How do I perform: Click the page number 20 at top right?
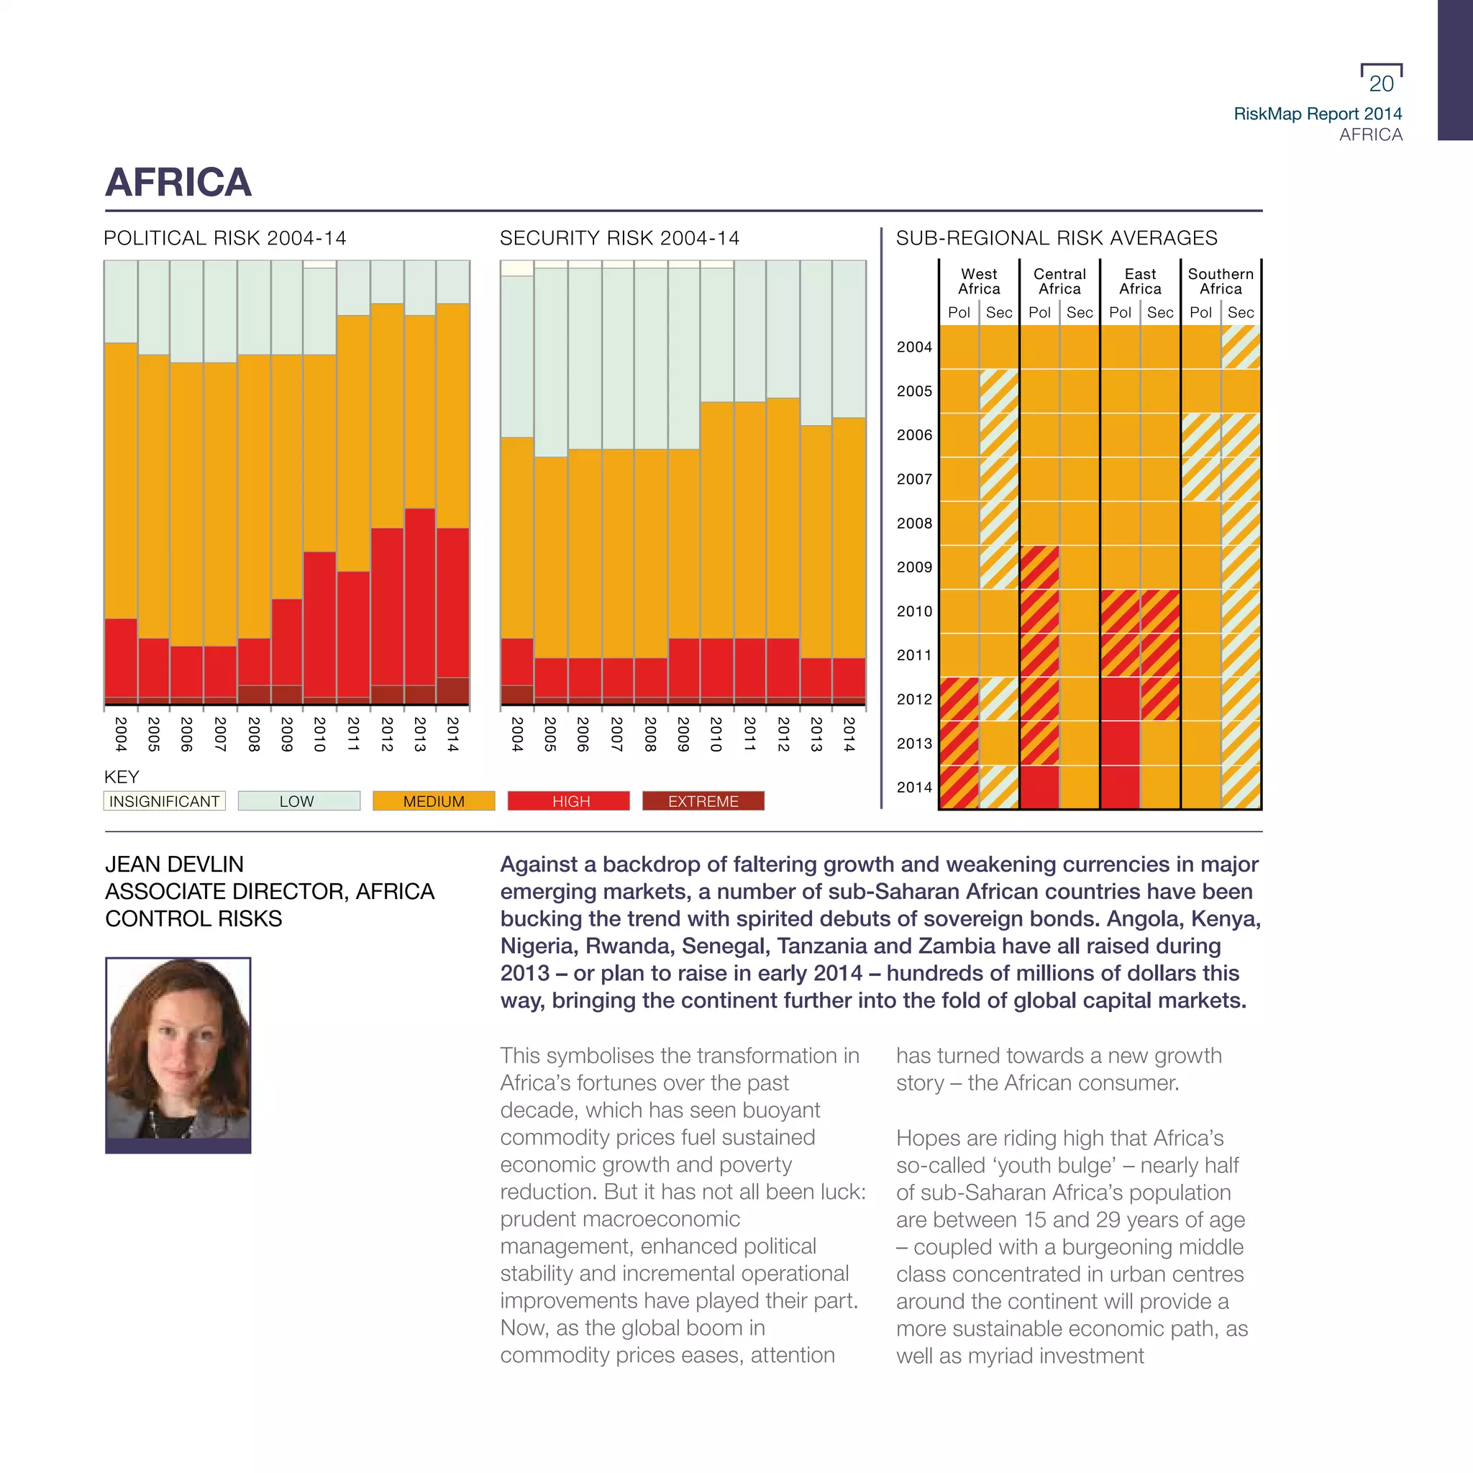click(1381, 84)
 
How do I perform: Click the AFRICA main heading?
click(178, 182)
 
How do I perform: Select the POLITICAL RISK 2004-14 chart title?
click(225, 238)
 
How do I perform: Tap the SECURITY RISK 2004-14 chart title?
click(619, 238)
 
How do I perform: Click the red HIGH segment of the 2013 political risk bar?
click(419, 595)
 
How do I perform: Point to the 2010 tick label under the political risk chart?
click(319, 734)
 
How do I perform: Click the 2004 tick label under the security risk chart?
click(517, 734)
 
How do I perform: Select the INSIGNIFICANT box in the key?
click(164, 801)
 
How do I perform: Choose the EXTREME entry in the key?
click(703, 801)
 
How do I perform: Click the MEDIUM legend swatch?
click(433, 801)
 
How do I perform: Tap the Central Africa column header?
click(1059, 281)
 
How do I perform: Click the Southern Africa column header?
click(1220, 281)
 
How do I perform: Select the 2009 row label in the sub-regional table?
click(914, 567)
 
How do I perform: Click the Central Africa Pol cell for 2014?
click(1039, 787)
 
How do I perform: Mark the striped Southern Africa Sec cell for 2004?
click(1241, 347)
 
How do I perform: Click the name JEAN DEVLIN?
click(175, 865)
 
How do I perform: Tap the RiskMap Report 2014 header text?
click(1318, 114)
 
